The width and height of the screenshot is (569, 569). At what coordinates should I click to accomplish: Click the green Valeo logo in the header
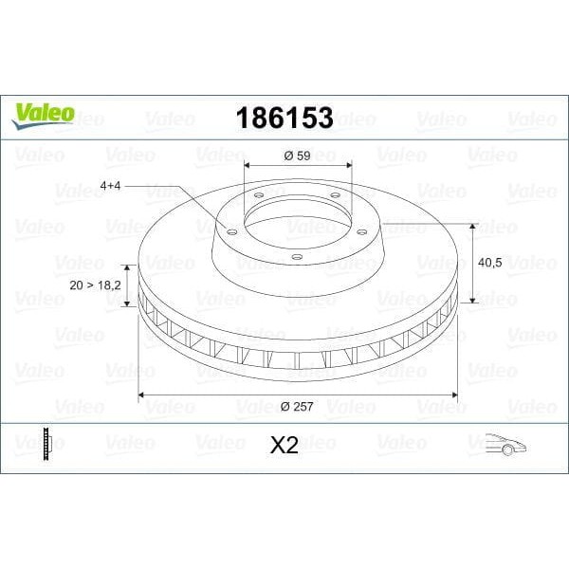[x=42, y=113]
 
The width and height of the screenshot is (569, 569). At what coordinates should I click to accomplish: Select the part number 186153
[x=284, y=118]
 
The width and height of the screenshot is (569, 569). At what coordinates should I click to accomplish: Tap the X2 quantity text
[x=284, y=446]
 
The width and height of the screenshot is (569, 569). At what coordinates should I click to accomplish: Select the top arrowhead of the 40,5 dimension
[x=471, y=227]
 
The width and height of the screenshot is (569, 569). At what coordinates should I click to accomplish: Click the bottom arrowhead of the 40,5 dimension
[x=471, y=302]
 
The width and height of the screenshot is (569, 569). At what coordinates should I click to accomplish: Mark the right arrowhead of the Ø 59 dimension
[x=348, y=169]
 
